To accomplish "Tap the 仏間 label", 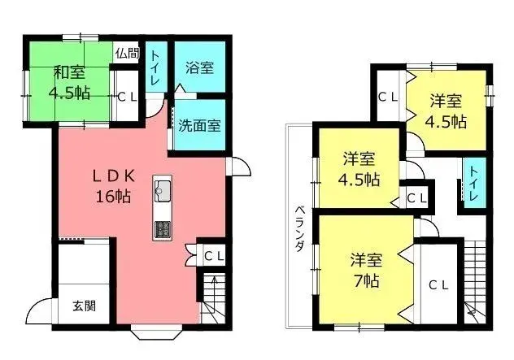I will tap(126, 54).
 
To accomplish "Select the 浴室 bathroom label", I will tap(199, 67).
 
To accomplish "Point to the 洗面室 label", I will tap(198, 127).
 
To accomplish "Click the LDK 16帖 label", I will tap(112, 185).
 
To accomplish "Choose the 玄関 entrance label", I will tap(84, 306).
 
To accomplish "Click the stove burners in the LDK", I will tap(162, 228).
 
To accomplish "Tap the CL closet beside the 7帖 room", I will tap(438, 284).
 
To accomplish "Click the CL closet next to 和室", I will tap(127, 96).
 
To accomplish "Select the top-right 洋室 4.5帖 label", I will tap(446, 111).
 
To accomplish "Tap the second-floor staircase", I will tap(474, 276).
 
